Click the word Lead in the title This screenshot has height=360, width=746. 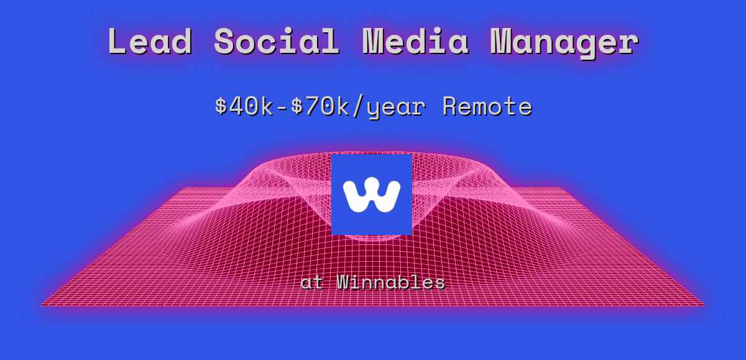pos(149,42)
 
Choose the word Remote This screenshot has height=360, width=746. pos(487,106)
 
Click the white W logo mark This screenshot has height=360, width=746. pos(371,195)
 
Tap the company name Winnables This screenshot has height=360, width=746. pos(391,282)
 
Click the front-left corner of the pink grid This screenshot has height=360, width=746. pos(42,305)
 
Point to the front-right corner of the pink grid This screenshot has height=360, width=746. pos(703,305)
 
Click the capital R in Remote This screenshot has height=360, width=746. pos(449,106)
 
